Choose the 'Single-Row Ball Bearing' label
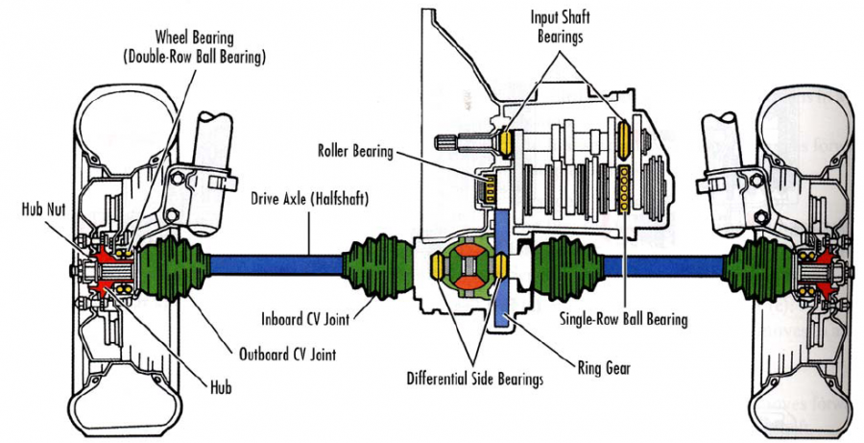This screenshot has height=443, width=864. pyautogui.click(x=621, y=315)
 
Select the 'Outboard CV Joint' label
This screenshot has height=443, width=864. pyautogui.click(x=274, y=349)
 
